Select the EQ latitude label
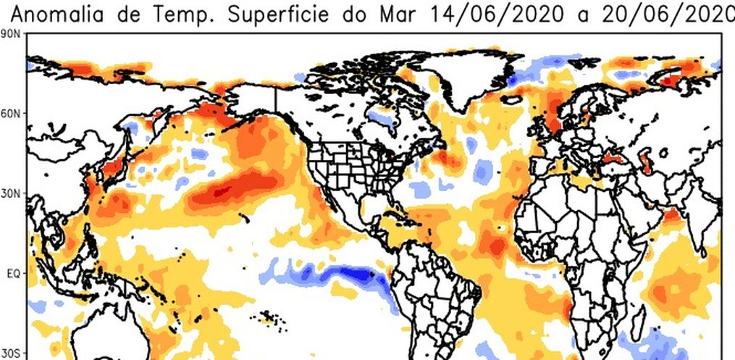[13, 275]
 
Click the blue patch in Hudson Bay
[382, 116]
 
